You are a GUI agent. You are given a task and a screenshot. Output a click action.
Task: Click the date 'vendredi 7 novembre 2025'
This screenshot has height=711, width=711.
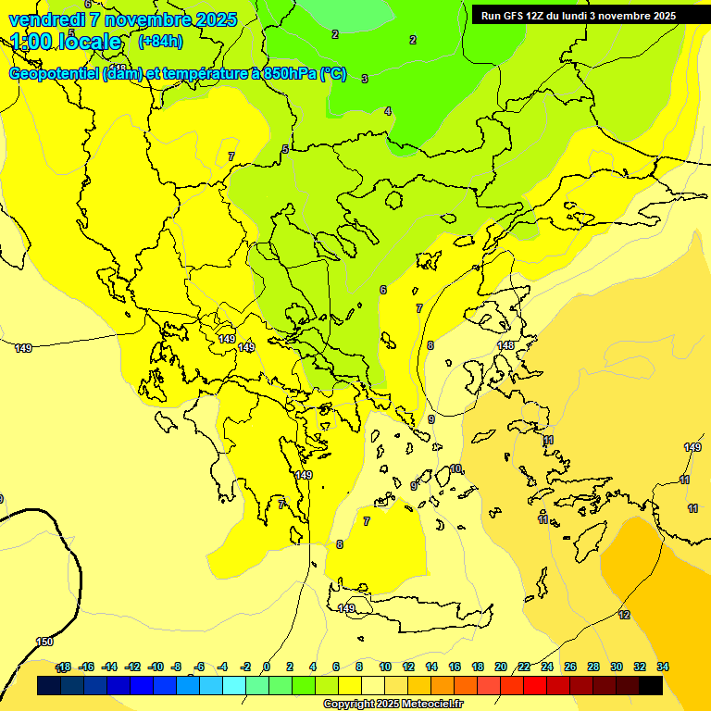(x=123, y=19)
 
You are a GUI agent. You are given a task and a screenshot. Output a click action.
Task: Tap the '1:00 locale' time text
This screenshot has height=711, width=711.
(x=66, y=42)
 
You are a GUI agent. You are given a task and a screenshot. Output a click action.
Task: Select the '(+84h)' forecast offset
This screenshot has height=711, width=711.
(x=160, y=42)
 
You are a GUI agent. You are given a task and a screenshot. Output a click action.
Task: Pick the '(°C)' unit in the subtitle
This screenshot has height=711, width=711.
(x=333, y=74)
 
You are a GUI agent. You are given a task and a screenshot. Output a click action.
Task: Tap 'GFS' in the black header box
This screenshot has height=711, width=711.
(x=518, y=16)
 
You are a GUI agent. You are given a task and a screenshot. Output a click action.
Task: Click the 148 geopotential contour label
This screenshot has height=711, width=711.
(x=505, y=345)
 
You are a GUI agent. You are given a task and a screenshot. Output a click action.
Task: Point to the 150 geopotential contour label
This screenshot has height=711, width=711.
(x=44, y=642)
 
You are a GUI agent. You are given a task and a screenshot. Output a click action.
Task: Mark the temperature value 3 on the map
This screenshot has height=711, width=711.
(x=365, y=79)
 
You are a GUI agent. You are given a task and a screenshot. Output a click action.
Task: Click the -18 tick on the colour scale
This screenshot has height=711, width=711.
(x=63, y=667)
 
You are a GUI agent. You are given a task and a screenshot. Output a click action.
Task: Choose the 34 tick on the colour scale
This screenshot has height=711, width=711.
(x=663, y=667)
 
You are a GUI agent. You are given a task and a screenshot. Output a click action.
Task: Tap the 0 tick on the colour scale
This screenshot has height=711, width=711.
(x=267, y=667)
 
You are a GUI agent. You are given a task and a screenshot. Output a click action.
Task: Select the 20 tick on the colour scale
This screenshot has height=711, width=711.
(x=501, y=667)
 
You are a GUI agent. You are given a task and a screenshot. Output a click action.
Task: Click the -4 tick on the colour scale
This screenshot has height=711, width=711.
(x=222, y=667)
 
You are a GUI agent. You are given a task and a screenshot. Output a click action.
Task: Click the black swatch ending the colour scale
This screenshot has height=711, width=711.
(x=651, y=685)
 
